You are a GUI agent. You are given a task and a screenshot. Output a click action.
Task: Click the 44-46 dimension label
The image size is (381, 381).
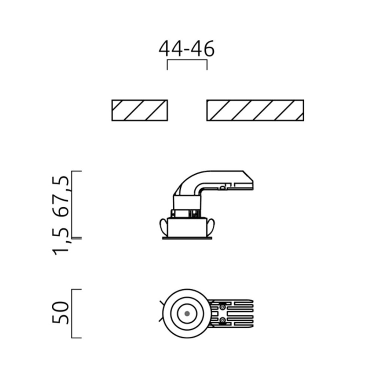186,49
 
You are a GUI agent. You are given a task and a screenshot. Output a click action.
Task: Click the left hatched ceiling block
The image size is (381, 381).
140,110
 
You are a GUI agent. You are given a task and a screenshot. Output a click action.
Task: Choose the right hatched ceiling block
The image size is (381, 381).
255,110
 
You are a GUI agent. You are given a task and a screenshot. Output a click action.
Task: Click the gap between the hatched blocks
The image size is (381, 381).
187,110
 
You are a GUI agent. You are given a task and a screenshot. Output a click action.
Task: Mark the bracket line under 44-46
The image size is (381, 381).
187,60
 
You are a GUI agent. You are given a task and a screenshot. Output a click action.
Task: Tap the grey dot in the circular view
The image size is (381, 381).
187,314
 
